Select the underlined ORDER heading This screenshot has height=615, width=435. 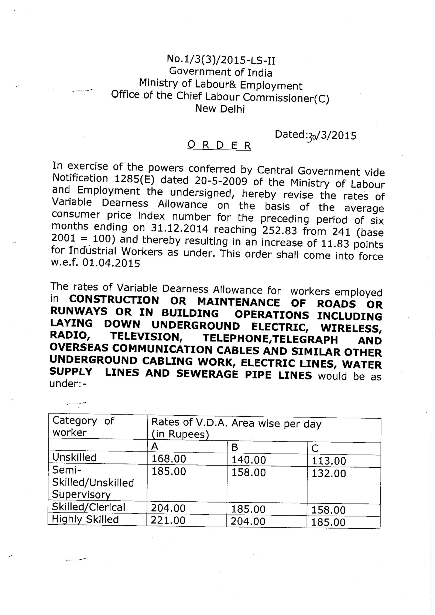pos(219,145)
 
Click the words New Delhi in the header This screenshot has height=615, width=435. pos(220,109)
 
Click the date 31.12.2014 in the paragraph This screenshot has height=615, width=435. pos(179,228)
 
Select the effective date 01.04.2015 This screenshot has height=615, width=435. pos(111,263)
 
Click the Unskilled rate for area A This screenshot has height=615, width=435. pos(168,459)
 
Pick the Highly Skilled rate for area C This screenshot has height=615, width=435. pos(328,522)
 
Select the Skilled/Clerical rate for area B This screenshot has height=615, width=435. pos(248,509)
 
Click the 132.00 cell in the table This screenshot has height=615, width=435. pos(329,474)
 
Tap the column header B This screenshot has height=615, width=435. pos(235,447)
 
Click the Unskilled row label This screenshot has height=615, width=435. pos(74,457)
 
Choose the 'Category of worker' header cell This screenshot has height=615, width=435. pos(83,426)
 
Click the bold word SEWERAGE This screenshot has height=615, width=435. pos(207,374)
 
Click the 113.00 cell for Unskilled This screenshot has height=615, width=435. pos(329,461)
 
